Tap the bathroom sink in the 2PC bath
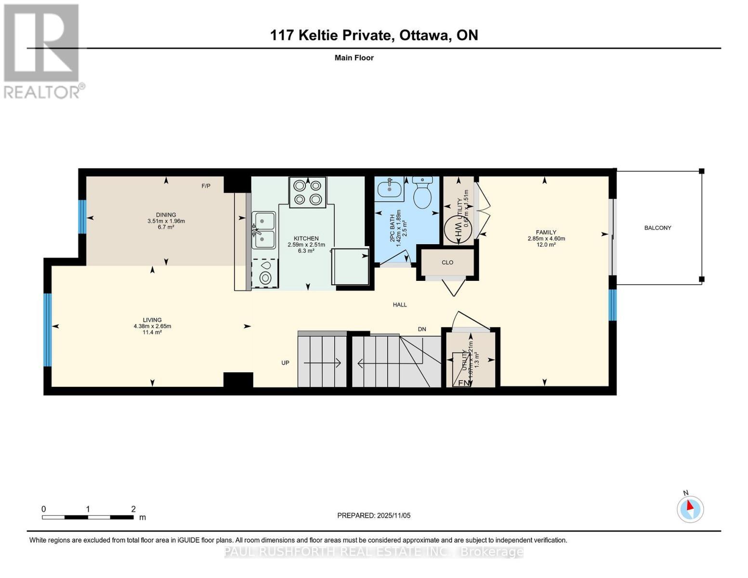point(390,188)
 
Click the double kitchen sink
point(263,230)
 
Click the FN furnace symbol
point(463,382)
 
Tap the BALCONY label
point(657,228)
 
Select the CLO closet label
point(447,263)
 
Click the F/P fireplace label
point(206,186)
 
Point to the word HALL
point(400,304)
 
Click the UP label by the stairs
point(285,363)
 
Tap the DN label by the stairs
point(422,329)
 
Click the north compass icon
point(690,509)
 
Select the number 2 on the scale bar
point(133,509)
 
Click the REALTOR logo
point(42,51)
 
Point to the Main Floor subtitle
point(354,58)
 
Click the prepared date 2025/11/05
point(393,515)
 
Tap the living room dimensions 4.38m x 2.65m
point(152,326)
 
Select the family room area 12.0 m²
point(546,245)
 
